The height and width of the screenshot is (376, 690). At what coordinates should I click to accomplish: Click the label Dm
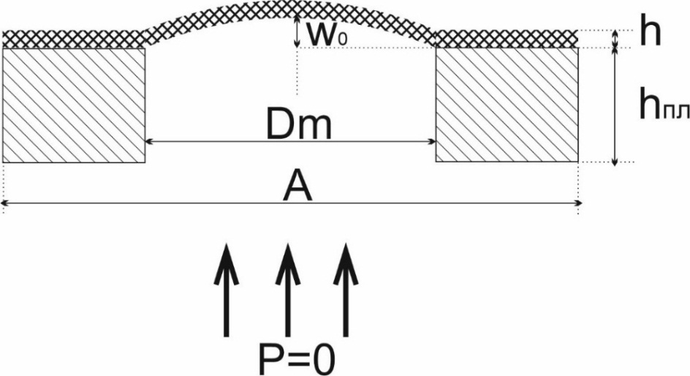click(298, 125)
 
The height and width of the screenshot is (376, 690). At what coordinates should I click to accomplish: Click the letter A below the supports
click(297, 188)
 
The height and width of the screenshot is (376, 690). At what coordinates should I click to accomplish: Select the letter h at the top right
click(650, 34)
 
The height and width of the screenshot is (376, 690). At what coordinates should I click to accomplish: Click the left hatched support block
click(75, 105)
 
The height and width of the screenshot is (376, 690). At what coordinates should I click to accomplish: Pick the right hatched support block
click(507, 105)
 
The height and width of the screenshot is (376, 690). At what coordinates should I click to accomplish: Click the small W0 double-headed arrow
click(297, 32)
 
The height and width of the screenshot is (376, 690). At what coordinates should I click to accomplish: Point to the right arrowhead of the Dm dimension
click(433, 141)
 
